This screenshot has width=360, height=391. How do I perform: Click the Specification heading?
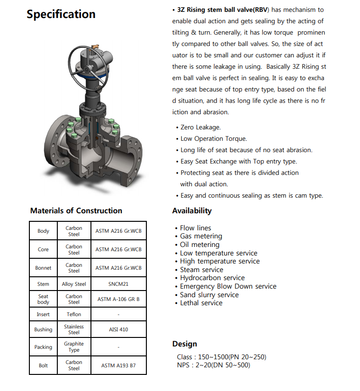(x=61, y=14)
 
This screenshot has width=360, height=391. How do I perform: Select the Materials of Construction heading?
(x=76, y=210)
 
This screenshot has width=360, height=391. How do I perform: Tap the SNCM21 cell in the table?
(x=118, y=284)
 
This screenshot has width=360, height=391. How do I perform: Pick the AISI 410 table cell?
(x=118, y=329)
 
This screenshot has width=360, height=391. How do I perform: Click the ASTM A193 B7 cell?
(x=118, y=365)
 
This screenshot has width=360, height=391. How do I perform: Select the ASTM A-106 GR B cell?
(x=118, y=300)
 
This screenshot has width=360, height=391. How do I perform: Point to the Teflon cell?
(x=74, y=314)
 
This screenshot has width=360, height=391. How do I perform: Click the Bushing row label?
(x=43, y=329)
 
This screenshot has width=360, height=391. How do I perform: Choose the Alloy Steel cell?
(x=74, y=284)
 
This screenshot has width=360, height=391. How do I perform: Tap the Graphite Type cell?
(x=74, y=347)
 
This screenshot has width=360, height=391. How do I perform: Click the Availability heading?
(x=192, y=210)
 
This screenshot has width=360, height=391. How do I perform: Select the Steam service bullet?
(x=201, y=270)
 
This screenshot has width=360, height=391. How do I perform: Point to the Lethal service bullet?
(x=201, y=303)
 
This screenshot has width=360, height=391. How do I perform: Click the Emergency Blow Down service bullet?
(x=228, y=286)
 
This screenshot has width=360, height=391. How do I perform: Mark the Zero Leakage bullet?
(x=200, y=127)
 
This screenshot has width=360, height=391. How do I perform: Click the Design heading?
(x=185, y=344)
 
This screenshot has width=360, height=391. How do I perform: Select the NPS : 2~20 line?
(x=213, y=365)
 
